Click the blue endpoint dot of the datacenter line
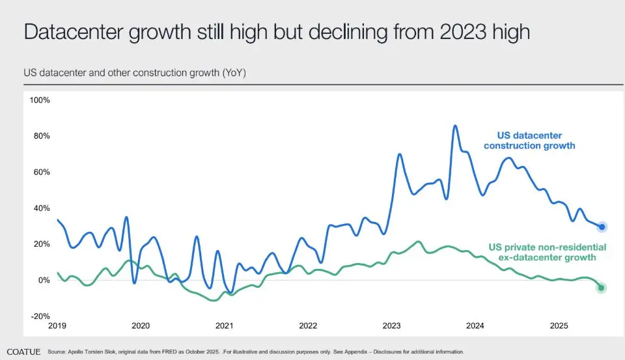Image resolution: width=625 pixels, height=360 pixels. tap(602, 227)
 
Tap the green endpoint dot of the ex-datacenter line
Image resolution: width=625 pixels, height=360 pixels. tap(602, 288)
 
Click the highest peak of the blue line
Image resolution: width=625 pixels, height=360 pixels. tap(454, 126)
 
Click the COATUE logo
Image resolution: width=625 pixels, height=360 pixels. tap(23, 352)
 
